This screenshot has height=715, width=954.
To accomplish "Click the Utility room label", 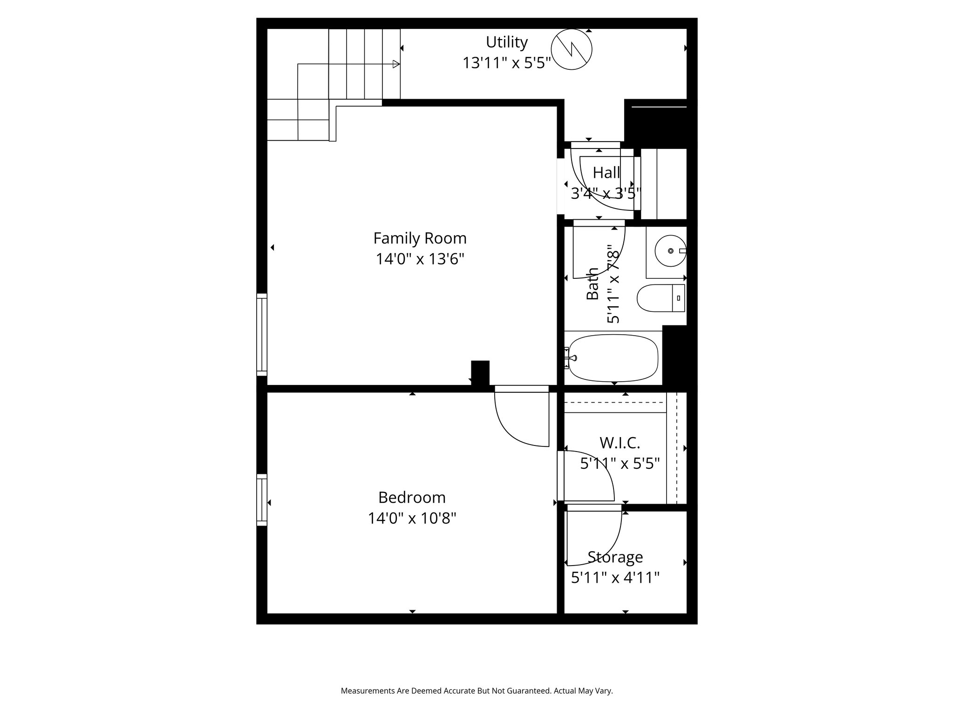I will tap(506, 42).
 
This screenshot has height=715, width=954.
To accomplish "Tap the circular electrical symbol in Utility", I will tap(571, 49).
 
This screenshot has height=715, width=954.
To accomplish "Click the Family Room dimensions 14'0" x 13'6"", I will tap(420, 259).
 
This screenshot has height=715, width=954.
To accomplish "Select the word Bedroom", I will tap(412, 498).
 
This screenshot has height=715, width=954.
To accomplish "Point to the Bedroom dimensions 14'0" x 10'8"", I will tap(412, 518).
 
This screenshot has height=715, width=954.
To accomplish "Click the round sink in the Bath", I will tap(670, 251).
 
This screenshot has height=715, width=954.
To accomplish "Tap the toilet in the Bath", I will tap(660, 298).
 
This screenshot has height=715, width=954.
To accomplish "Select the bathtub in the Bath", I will tap(613, 358).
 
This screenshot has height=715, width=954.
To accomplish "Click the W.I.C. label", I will tap(620, 443).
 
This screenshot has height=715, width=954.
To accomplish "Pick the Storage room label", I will tap(615, 557).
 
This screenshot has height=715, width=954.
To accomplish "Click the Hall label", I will tap(606, 173).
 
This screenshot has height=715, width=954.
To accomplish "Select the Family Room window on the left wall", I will tap(262, 335).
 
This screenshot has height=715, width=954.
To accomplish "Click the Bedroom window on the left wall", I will tap(262, 500).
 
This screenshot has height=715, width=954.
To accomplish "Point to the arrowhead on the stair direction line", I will tap(396, 64).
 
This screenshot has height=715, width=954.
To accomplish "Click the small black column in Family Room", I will tap(480, 372).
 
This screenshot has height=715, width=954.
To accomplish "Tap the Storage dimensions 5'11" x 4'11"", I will tap(615, 578).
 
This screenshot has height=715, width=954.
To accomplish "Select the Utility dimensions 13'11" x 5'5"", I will tap(506, 63).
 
